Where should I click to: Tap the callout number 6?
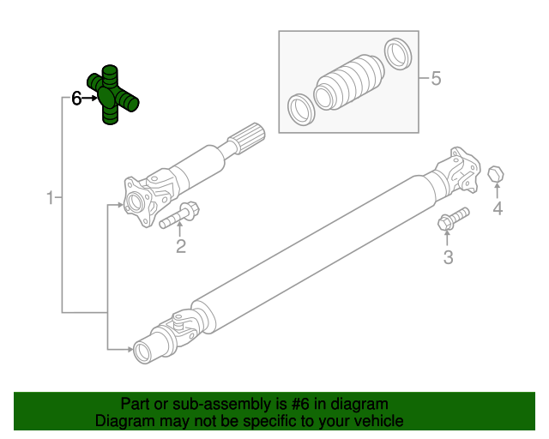click(x=75, y=99)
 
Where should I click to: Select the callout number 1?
click(x=50, y=198)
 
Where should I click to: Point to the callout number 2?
click(x=181, y=248)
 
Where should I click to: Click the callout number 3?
click(x=447, y=257)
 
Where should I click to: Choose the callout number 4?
click(x=497, y=209)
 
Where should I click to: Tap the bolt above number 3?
click(x=453, y=219)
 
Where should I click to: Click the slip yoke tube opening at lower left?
click(x=142, y=349)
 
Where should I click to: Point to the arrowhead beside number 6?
click(x=92, y=99)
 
